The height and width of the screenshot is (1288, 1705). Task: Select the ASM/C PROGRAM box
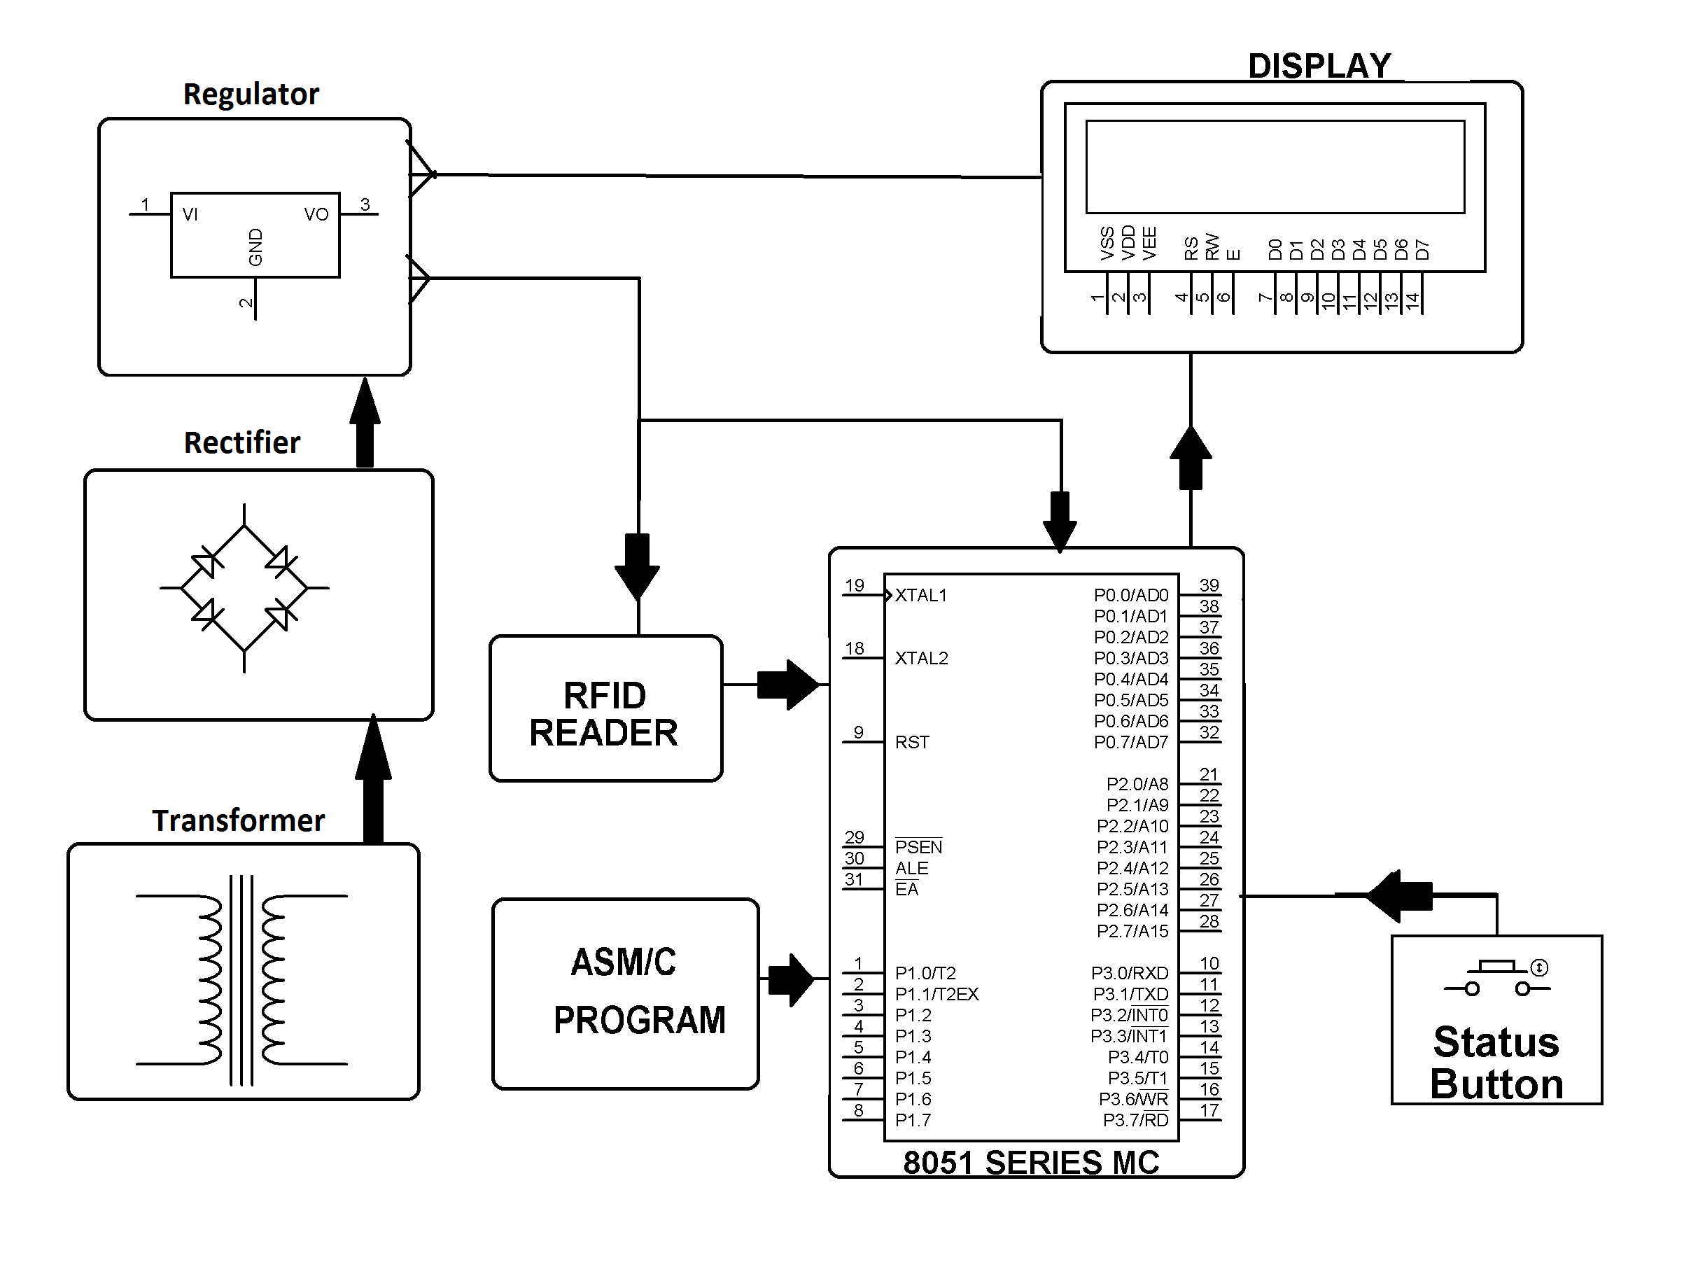pos(625,993)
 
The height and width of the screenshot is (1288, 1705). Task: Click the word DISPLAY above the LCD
pos(1319,66)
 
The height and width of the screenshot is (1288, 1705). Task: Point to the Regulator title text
pos(251,94)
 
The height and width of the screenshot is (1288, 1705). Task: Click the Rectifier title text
pos(242,442)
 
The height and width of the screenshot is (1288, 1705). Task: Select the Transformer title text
pos(238,820)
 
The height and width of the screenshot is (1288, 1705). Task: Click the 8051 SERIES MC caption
pos(1030,1163)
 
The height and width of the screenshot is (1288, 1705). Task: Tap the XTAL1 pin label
pos(920,595)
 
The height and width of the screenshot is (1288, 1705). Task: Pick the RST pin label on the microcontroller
pos(912,742)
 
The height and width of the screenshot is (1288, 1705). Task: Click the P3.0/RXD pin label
pos(1129,973)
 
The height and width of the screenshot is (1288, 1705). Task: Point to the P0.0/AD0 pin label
pos(1131,595)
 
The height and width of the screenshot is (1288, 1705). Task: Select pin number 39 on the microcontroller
pos(1209,585)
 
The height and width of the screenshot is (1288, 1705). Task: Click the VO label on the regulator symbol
pos(316,214)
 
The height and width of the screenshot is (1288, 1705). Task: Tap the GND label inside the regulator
pos(256,246)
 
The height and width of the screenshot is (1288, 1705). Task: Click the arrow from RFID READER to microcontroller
pos(786,685)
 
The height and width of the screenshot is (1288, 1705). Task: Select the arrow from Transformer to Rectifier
pos(373,778)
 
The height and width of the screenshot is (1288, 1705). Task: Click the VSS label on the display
pos(1107,244)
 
